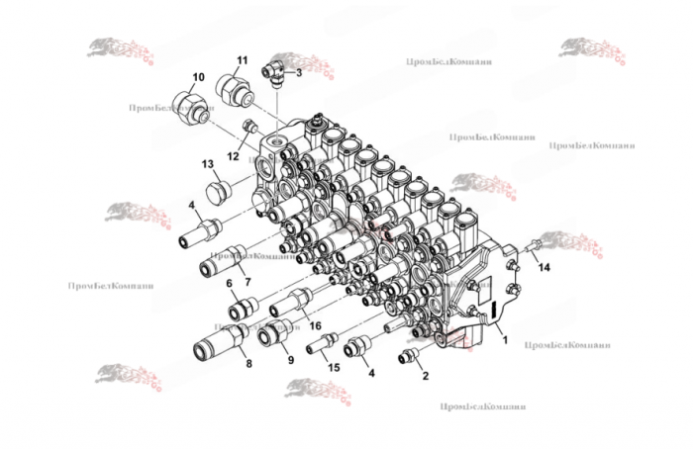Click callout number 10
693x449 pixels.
coord(198,77)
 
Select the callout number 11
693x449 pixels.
coord(241,60)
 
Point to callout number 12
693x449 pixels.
coord(233,155)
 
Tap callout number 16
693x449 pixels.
coord(315,324)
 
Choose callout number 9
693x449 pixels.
coord(290,361)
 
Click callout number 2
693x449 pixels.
coord(427,376)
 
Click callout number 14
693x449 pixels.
coord(543,267)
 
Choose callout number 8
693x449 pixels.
coord(247,365)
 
